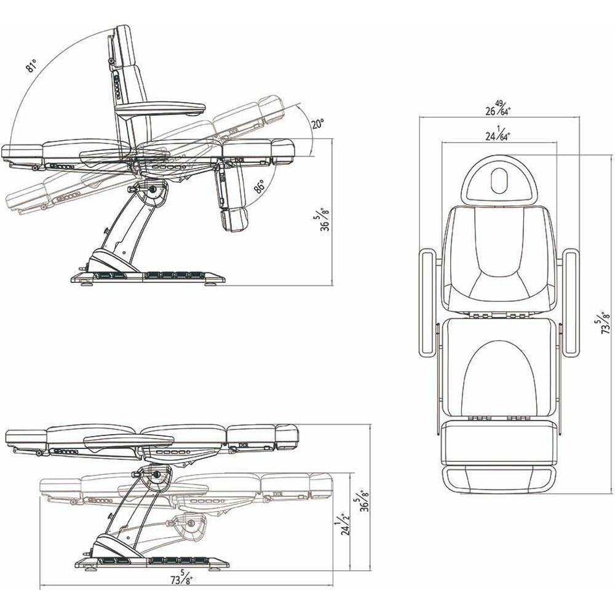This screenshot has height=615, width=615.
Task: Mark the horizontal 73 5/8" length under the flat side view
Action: [x=182, y=579]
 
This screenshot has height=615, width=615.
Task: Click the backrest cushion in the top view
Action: [x=498, y=258]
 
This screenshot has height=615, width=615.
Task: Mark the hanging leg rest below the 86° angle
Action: [x=231, y=203]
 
